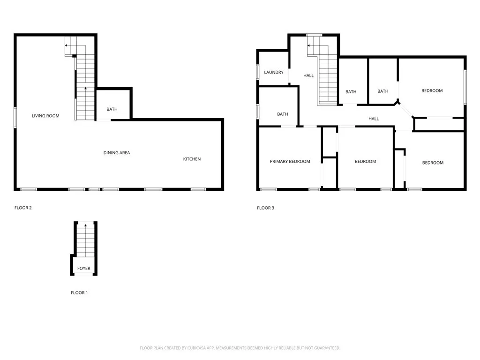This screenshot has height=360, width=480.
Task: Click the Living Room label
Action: pos(45,116)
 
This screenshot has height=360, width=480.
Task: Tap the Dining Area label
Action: pos(117,153)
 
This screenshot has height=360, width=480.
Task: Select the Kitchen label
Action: pos(192,159)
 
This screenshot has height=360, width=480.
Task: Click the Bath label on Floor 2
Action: pos(112,109)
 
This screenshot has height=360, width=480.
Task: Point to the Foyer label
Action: pos(84,269)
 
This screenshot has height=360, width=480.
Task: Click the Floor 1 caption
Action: pos(79,292)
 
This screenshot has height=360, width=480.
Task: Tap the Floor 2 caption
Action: pos(23,208)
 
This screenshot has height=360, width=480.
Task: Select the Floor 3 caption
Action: pos(265,208)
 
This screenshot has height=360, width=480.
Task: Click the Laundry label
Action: pos(274,72)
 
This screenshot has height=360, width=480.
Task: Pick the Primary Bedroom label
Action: pos(290,161)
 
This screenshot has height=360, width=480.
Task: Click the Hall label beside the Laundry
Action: pos(308,75)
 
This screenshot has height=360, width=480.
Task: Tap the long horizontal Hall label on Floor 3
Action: pos(374,119)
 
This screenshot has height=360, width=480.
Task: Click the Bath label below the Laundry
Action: pos(283,114)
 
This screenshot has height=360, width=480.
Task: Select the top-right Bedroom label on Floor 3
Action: pos(432,90)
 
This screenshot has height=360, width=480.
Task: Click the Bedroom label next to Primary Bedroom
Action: pos(365,161)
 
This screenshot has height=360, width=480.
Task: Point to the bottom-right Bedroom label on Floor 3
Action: pos(433,163)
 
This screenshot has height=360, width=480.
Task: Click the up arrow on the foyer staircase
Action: pos(85,226)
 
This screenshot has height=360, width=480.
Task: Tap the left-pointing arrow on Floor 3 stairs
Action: pos(309,45)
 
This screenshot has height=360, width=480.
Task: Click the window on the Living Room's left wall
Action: pos(15,117)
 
